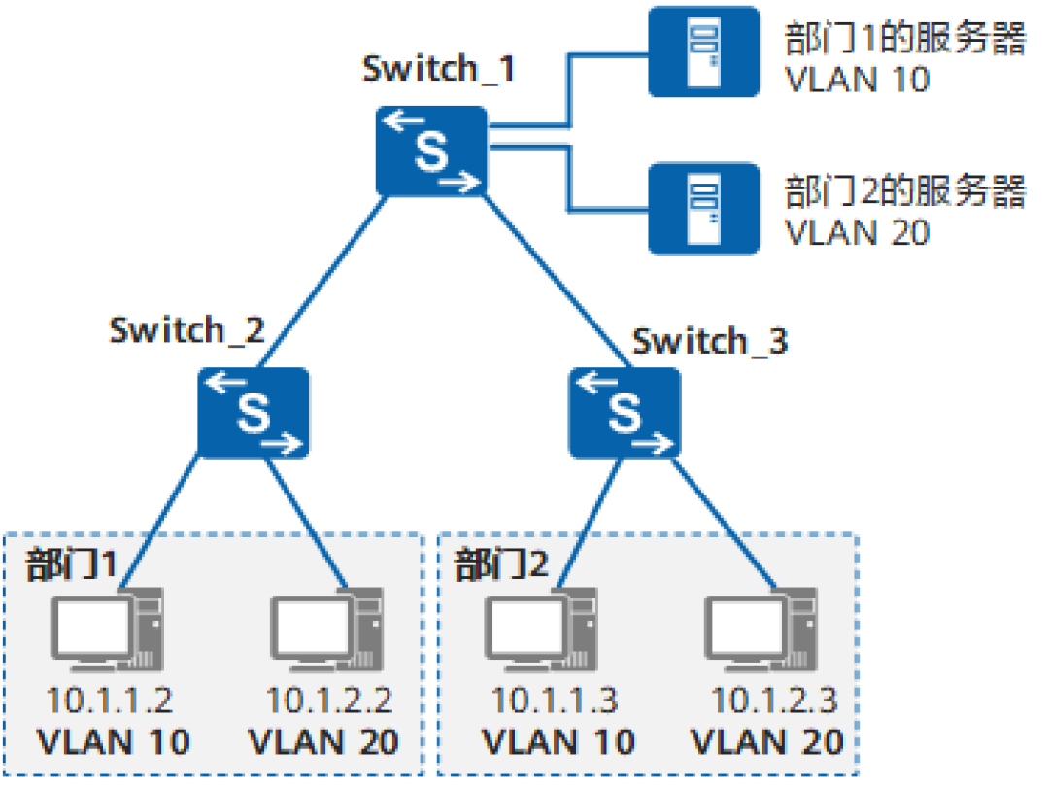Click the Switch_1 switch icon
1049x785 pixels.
(431, 151)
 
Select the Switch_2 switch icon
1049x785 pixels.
(254, 412)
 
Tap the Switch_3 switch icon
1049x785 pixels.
(625, 412)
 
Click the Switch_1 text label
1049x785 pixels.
(438, 69)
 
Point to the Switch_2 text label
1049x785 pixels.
(186, 330)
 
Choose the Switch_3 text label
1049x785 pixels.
(710, 341)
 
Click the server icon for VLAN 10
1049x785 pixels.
(704, 51)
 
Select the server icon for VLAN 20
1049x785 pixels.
(704, 209)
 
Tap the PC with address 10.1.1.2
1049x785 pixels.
(107, 630)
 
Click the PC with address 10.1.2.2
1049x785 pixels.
(326, 630)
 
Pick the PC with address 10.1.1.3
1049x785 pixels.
(541, 630)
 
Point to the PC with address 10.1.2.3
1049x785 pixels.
(761, 630)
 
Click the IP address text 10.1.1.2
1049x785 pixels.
(110, 700)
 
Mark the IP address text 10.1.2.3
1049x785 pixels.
(774, 700)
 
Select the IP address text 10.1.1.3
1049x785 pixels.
(555, 700)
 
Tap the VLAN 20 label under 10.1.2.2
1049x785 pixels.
(323, 742)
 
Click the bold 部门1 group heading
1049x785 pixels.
(71, 563)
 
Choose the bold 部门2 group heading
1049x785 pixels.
(501, 563)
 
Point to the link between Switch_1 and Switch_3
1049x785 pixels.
(556, 281)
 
